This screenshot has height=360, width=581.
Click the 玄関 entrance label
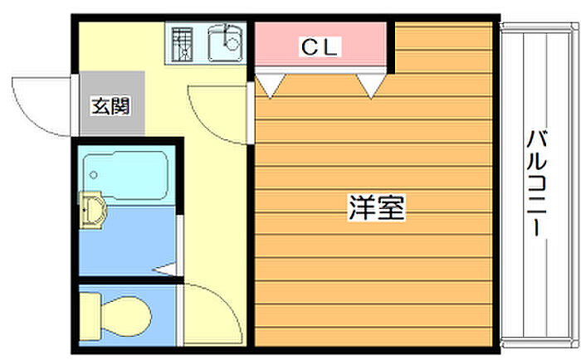click(110, 106)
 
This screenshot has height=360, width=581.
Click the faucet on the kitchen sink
click(232, 37)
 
